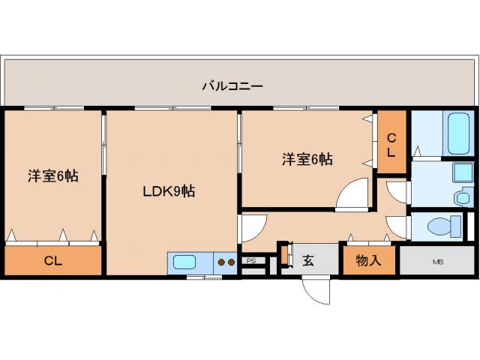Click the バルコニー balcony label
coord(232,86)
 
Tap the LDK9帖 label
coord(169,191)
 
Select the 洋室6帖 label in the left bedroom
coord(53,176)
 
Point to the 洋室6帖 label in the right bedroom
coord(307,159)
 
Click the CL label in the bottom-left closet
coord(52,261)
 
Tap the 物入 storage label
coord(368,261)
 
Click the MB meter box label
coord(437,262)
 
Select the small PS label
coord(251,261)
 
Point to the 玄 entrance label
coord(308,261)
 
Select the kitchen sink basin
coord(184,262)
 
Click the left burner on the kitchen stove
coord(221,262)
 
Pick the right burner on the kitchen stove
coord(231,262)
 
